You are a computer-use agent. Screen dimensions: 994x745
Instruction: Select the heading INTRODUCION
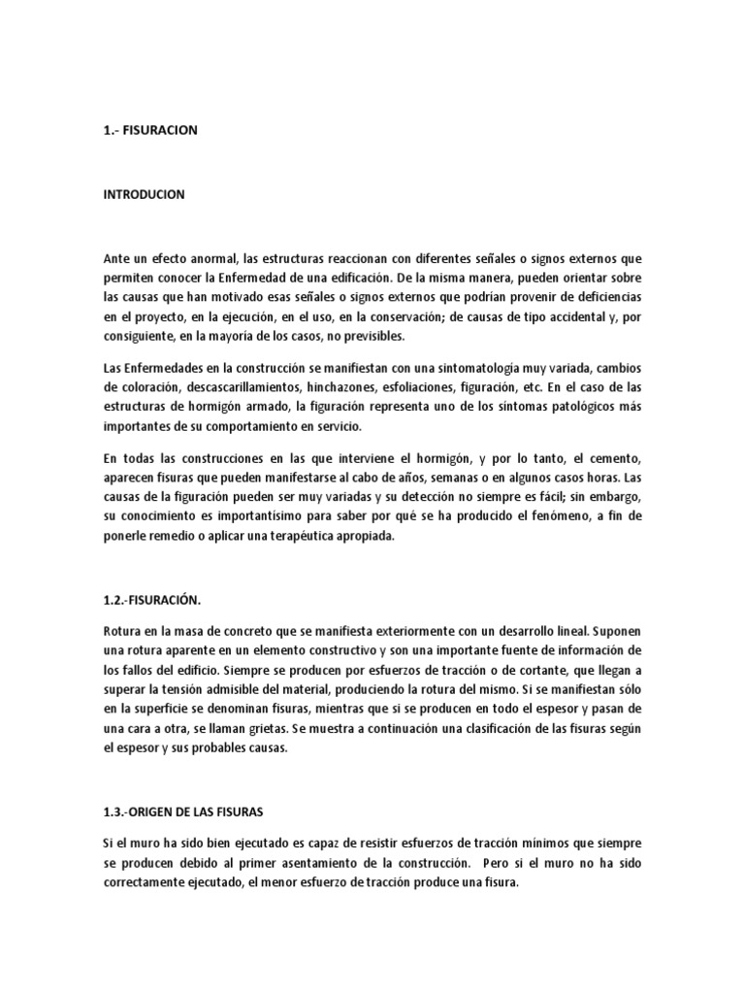[x=144, y=194]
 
